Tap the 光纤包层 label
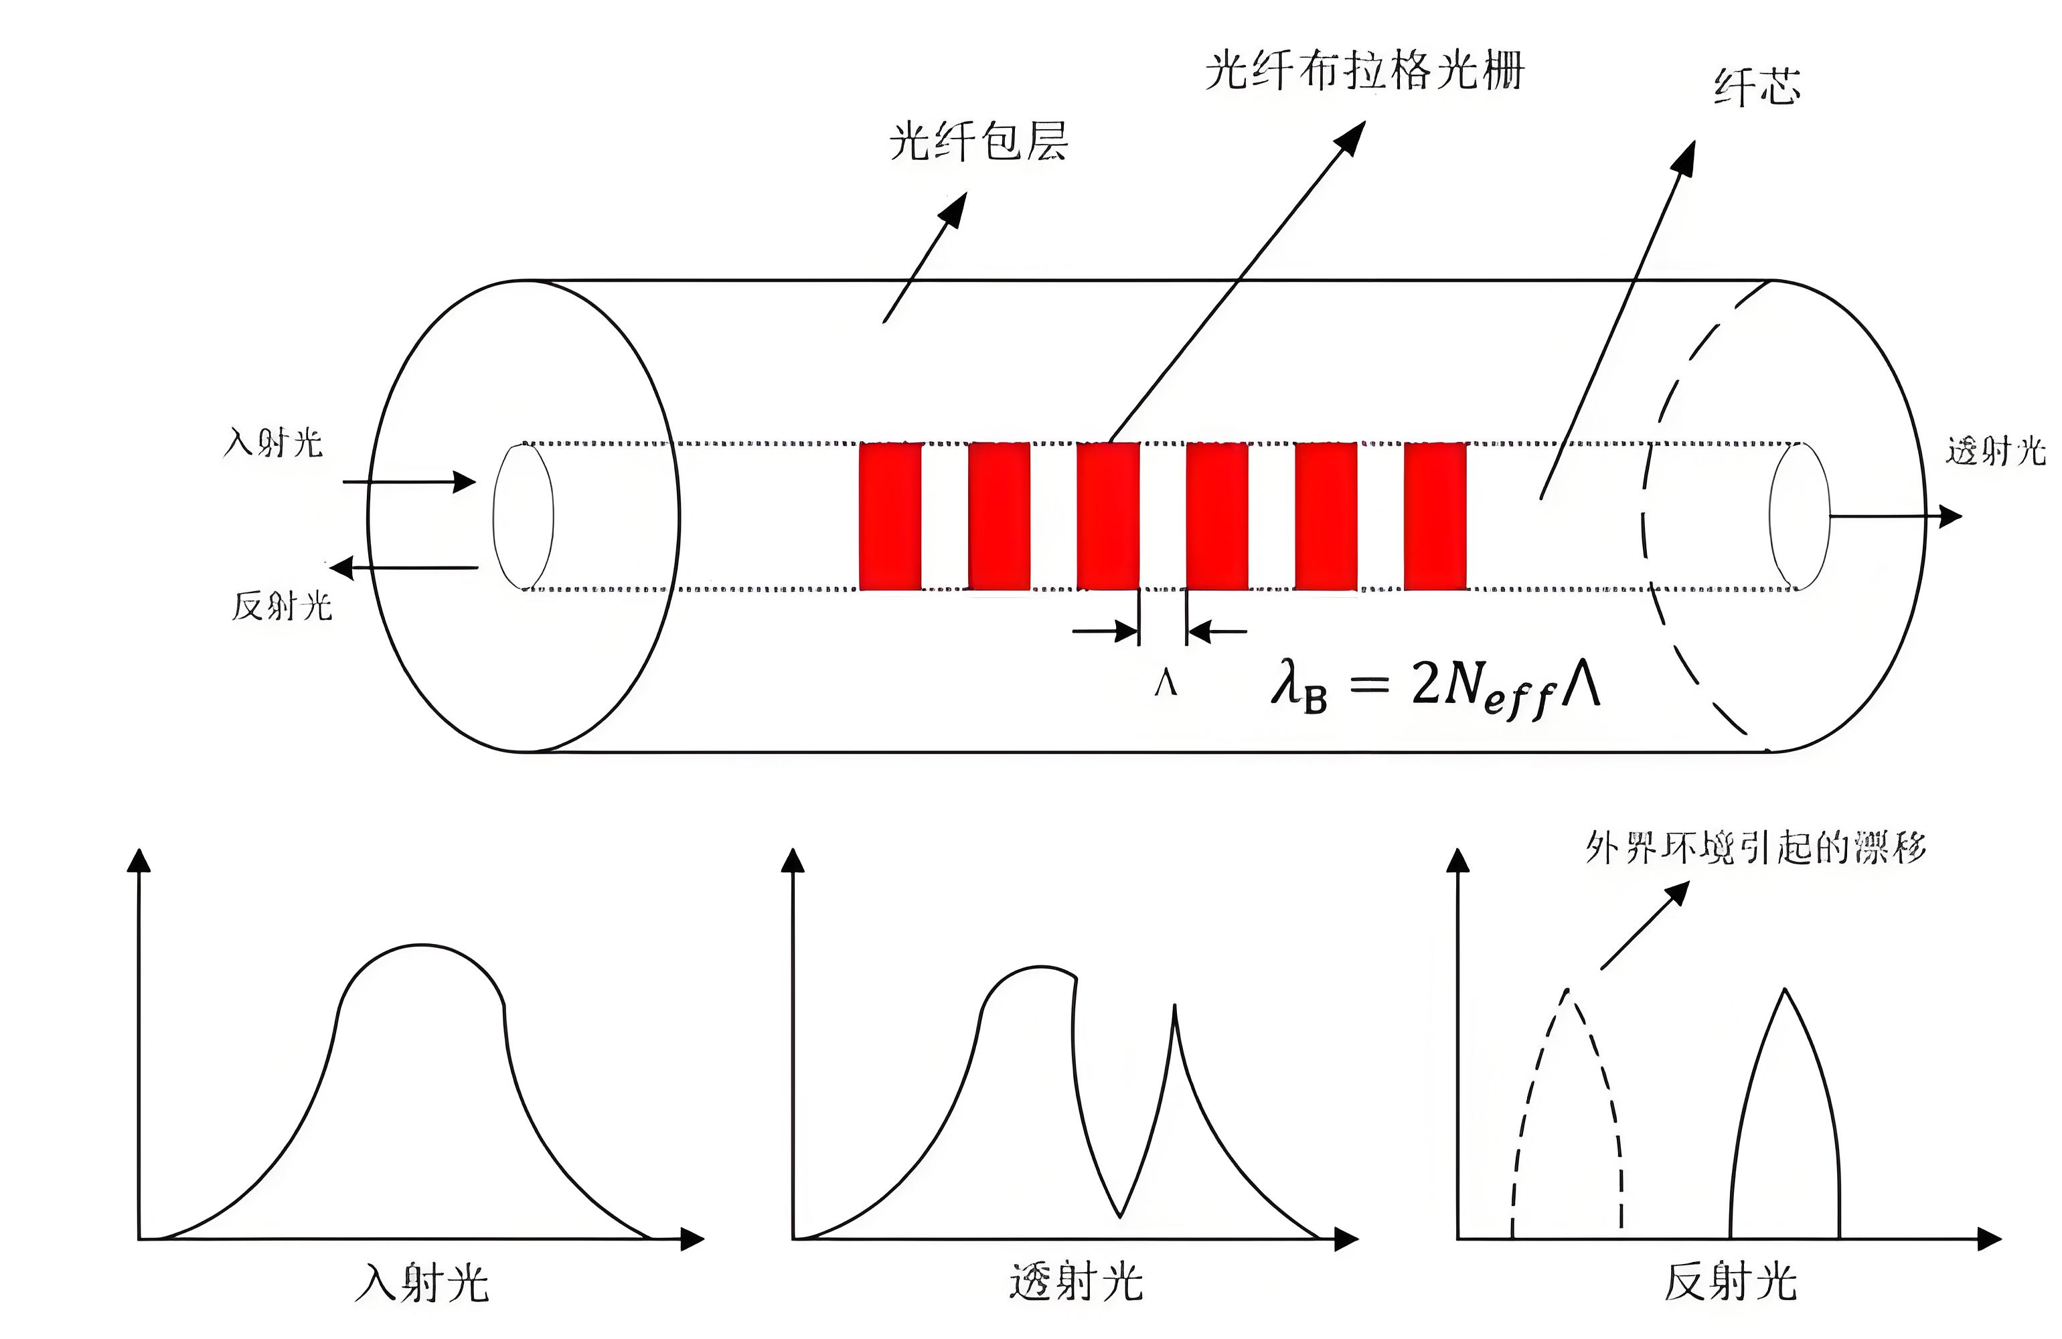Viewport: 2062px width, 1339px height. click(977, 141)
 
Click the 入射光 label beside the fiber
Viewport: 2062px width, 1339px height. click(273, 443)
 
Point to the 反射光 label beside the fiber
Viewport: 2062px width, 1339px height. click(282, 606)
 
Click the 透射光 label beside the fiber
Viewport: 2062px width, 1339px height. click(1994, 451)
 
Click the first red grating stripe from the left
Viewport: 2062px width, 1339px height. click(890, 517)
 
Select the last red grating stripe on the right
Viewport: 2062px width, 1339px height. click(1435, 517)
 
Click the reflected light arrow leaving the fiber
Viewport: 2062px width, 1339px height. click(404, 568)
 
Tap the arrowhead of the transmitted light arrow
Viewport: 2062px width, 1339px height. click(1950, 517)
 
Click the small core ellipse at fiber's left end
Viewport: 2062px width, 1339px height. click(524, 517)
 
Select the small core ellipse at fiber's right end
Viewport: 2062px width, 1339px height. click(1800, 517)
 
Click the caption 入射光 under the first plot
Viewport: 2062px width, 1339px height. click(422, 1283)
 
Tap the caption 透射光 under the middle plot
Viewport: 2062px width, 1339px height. click(1076, 1283)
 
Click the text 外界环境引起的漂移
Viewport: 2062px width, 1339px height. click(1755, 848)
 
